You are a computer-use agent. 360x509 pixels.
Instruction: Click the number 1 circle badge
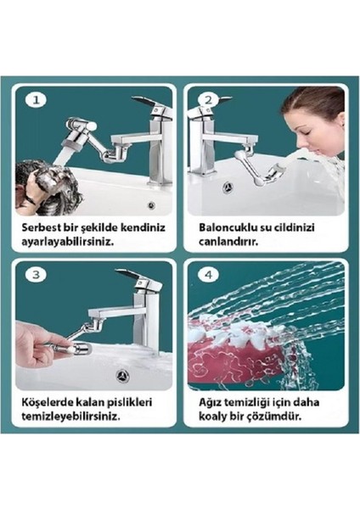[x=35, y=100]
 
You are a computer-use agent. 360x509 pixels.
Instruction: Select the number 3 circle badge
[x=35, y=275]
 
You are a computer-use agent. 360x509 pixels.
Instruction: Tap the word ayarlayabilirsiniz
[x=71, y=241]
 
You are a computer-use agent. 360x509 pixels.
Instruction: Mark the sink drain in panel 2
[x=227, y=182]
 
